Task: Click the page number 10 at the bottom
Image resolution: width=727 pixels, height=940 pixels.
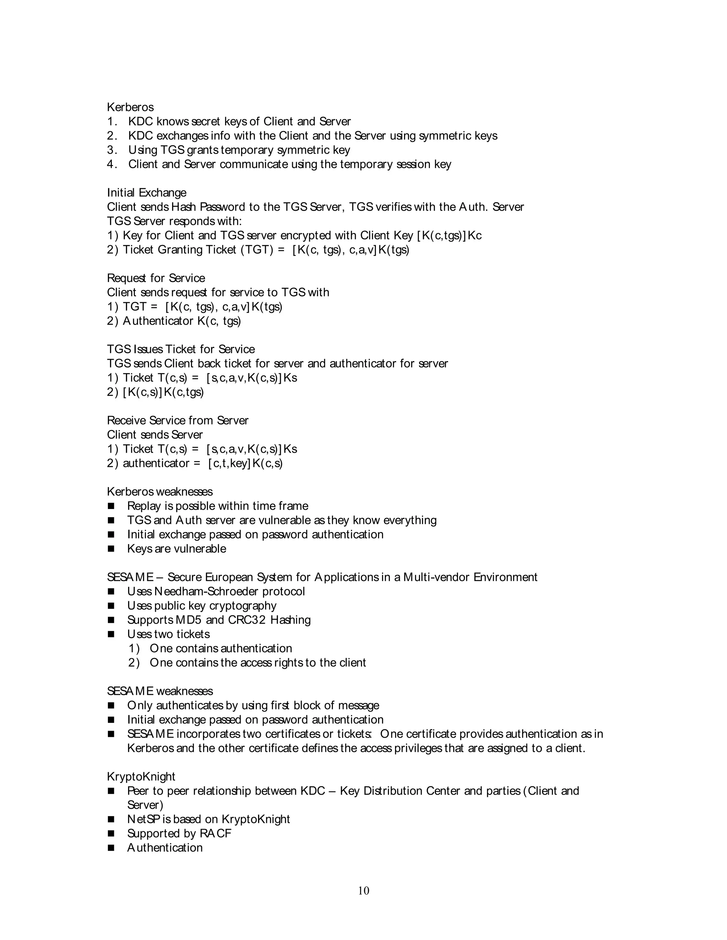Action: click(x=363, y=890)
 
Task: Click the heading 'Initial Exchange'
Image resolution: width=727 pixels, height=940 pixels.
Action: click(x=147, y=193)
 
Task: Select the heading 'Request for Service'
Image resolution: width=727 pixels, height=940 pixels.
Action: click(x=156, y=278)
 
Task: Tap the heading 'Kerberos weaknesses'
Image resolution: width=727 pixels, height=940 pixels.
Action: click(x=160, y=492)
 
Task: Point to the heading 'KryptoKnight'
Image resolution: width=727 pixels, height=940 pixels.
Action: click(x=141, y=776)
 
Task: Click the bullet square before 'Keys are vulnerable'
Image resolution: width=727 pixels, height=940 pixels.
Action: click(x=111, y=549)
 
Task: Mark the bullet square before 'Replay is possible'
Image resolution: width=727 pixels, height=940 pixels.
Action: click(x=111, y=506)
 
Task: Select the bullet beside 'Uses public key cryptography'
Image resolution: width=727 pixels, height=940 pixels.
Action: click(x=111, y=606)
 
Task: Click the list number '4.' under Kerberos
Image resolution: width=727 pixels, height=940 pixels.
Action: click(x=112, y=165)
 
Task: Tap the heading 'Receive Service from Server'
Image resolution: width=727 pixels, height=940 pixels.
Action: click(x=177, y=420)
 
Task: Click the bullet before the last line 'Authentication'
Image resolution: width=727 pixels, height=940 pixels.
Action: click(x=111, y=848)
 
